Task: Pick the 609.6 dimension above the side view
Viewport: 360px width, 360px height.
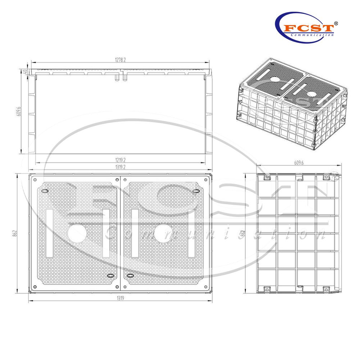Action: pyautogui.click(x=299, y=163)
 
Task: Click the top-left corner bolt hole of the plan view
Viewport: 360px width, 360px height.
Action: pyautogui.click(x=35, y=179)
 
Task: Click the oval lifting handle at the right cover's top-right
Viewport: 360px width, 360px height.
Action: pyautogui.click(x=197, y=192)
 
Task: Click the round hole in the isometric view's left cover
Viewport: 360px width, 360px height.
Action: pyautogui.click(x=274, y=81)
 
